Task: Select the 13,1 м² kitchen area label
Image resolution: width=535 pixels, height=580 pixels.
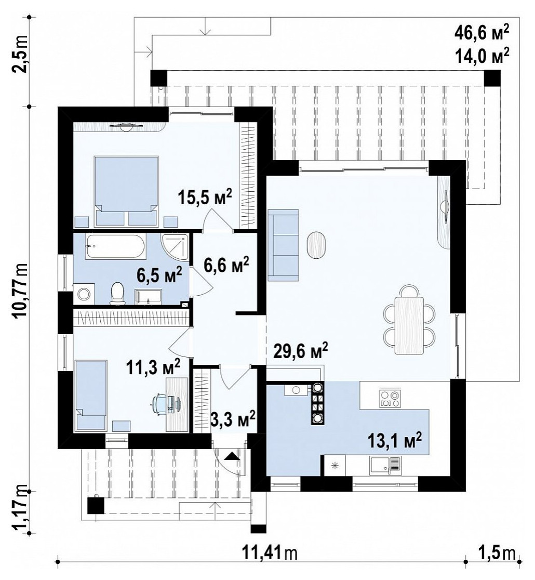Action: point(395,440)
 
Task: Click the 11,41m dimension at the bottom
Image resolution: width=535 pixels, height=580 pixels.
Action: point(270,553)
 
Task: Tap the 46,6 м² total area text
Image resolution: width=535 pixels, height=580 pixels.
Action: point(481,34)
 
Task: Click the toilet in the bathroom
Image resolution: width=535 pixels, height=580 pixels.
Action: point(117,293)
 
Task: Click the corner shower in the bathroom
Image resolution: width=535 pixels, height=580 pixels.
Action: point(176,246)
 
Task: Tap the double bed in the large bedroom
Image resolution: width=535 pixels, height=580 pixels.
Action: point(126,191)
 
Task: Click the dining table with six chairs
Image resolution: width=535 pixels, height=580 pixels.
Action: point(409,320)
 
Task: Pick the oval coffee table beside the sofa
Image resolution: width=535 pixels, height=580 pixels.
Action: point(317,244)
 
